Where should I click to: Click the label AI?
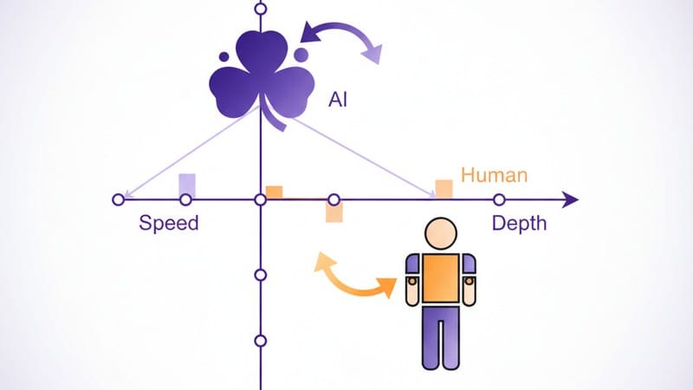(x=339, y=99)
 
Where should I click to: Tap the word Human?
(x=494, y=175)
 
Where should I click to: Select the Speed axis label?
(x=169, y=223)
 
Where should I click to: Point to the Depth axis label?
(x=520, y=223)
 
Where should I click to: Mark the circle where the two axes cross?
(x=260, y=200)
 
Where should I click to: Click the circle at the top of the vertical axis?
(x=261, y=9)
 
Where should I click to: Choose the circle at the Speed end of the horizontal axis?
(x=119, y=200)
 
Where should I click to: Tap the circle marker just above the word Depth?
(x=499, y=200)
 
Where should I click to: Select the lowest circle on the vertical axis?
(x=260, y=341)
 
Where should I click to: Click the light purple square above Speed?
(x=186, y=185)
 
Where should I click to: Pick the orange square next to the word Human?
(x=444, y=188)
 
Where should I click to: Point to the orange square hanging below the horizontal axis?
(x=334, y=212)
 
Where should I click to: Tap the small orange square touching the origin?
(x=275, y=192)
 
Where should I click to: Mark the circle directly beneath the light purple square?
(x=185, y=200)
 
